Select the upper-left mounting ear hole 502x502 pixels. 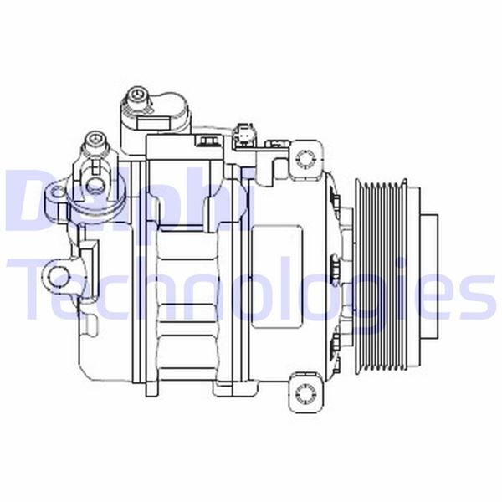coord(57,197)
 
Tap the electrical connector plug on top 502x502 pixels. coord(244,134)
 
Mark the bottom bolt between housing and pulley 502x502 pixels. coord(335,341)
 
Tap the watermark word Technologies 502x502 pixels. coord(251,289)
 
